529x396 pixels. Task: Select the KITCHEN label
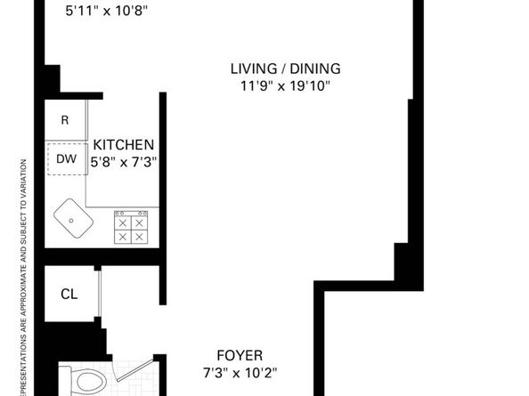click(125, 144)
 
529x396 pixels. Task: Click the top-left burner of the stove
click(122, 219)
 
